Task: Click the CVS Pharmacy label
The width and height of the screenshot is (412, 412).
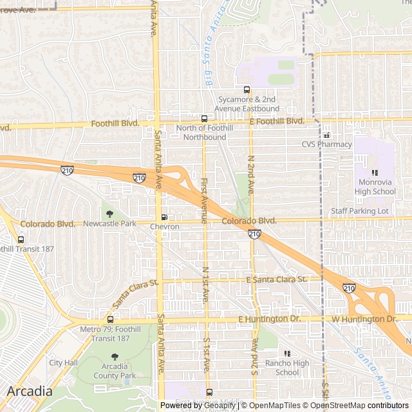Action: tap(326, 144)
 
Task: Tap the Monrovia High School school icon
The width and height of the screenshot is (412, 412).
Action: tap(375, 173)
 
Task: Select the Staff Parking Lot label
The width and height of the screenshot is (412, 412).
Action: tap(360, 211)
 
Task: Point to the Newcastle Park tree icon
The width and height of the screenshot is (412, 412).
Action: tap(109, 214)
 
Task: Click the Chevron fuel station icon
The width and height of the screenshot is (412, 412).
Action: tap(164, 217)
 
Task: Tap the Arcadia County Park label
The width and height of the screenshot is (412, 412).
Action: tap(115, 371)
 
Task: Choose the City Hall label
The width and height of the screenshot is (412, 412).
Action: tap(63, 362)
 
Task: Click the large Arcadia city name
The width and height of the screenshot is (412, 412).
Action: tap(30, 391)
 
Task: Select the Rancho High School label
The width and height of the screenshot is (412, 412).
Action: tap(287, 368)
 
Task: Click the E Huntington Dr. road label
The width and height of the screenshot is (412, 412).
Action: tap(269, 319)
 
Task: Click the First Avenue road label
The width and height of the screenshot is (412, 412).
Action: tap(203, 200)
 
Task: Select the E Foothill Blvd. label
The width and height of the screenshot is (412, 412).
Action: tap(276, 121)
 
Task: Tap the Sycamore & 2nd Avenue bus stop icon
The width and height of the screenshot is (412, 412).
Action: tap(246, 89)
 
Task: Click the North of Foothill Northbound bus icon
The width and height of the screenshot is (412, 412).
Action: tap(204, 118)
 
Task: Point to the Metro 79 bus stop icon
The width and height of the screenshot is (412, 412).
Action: tap(110, 319)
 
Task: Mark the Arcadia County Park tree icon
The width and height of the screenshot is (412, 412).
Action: tap(115, 357)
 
